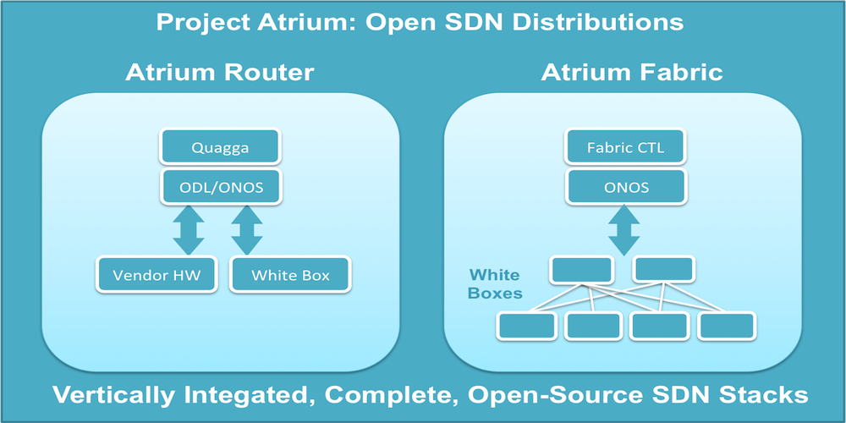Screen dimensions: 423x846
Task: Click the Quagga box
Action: (219, 148)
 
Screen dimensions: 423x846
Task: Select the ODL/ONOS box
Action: (219, 186)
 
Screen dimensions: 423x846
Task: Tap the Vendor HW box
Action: (157, 275)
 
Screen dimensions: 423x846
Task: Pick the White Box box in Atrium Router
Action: (290, 275)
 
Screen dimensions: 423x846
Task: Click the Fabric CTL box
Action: (625, 148)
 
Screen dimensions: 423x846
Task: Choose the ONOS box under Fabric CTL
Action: (625, 186)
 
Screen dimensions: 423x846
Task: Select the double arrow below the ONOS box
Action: (625, 228)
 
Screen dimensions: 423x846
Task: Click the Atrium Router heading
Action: (219, 72)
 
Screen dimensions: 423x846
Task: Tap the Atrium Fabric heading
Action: (632, 72)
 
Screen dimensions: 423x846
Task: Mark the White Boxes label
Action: (495, 284)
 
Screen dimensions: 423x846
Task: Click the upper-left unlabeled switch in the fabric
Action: (580, 269)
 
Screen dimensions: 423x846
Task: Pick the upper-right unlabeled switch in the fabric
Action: (664, 269)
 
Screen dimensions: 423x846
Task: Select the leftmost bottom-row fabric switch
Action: (526, 325)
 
